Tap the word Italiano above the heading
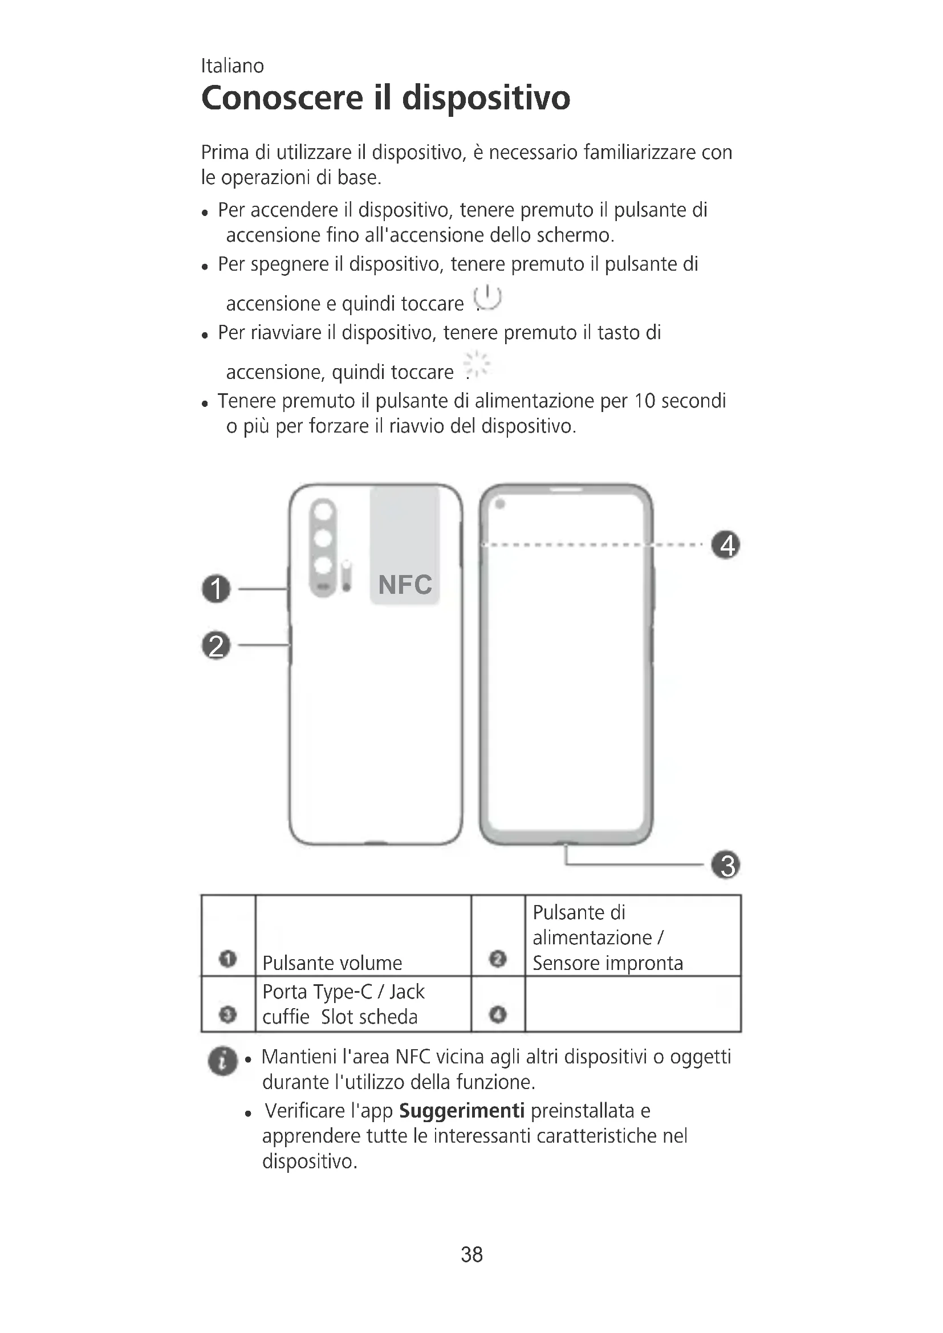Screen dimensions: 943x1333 pos(232,66)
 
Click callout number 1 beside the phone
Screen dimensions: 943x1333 pos(216,589)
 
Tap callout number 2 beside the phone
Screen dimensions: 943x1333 pos(216,646)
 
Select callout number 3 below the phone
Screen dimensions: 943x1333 pos(725,865)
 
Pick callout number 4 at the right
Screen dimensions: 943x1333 pos(726,545)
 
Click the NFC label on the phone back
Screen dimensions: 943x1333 pos(405,585)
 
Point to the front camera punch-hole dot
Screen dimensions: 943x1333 pos(500,504)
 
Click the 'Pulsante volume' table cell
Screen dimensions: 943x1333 pos(332,963)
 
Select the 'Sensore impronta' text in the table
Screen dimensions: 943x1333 pos(607,963)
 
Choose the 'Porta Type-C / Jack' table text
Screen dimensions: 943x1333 pos(343,992)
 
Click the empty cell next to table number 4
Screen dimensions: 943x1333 pos(632,1004)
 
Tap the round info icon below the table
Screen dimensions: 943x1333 pos(223,1061)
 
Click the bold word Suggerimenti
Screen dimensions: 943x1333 pos(462,1111)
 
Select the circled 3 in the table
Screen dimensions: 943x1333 pos(228,1014)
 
